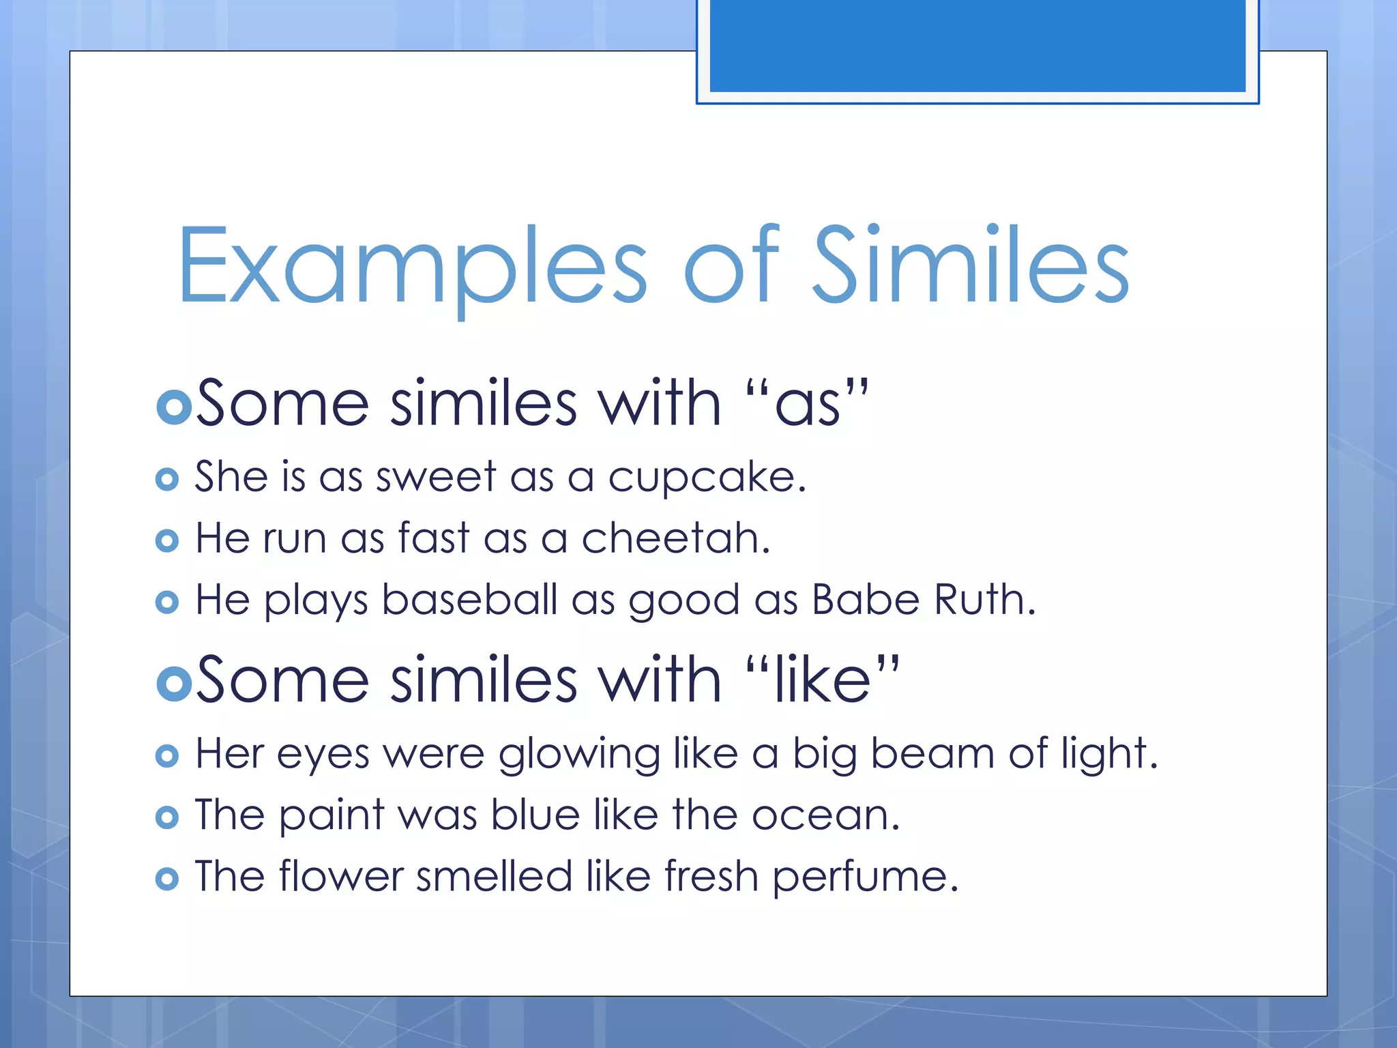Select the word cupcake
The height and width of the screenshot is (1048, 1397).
pos(707,477)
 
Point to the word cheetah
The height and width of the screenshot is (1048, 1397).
pos(675,538)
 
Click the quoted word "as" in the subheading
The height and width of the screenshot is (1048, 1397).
pos(808,405)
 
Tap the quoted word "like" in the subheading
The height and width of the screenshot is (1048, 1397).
pos(823,680)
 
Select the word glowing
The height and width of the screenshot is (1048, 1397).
pos(579,756)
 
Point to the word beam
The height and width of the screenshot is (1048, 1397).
pos(933,755)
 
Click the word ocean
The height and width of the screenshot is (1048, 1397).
pos(825,816)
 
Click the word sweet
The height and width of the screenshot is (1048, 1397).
pos(436,477)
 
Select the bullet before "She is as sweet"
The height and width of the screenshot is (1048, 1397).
pos(167,479)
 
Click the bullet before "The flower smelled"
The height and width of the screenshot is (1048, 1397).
pos(167,879)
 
